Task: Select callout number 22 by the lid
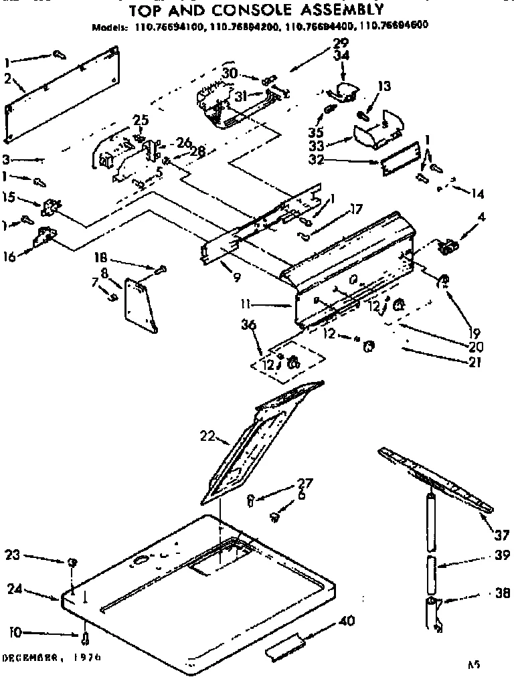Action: tap(207, 436)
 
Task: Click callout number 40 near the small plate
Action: tap(347, 621)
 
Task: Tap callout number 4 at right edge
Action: tap(482, 217)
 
